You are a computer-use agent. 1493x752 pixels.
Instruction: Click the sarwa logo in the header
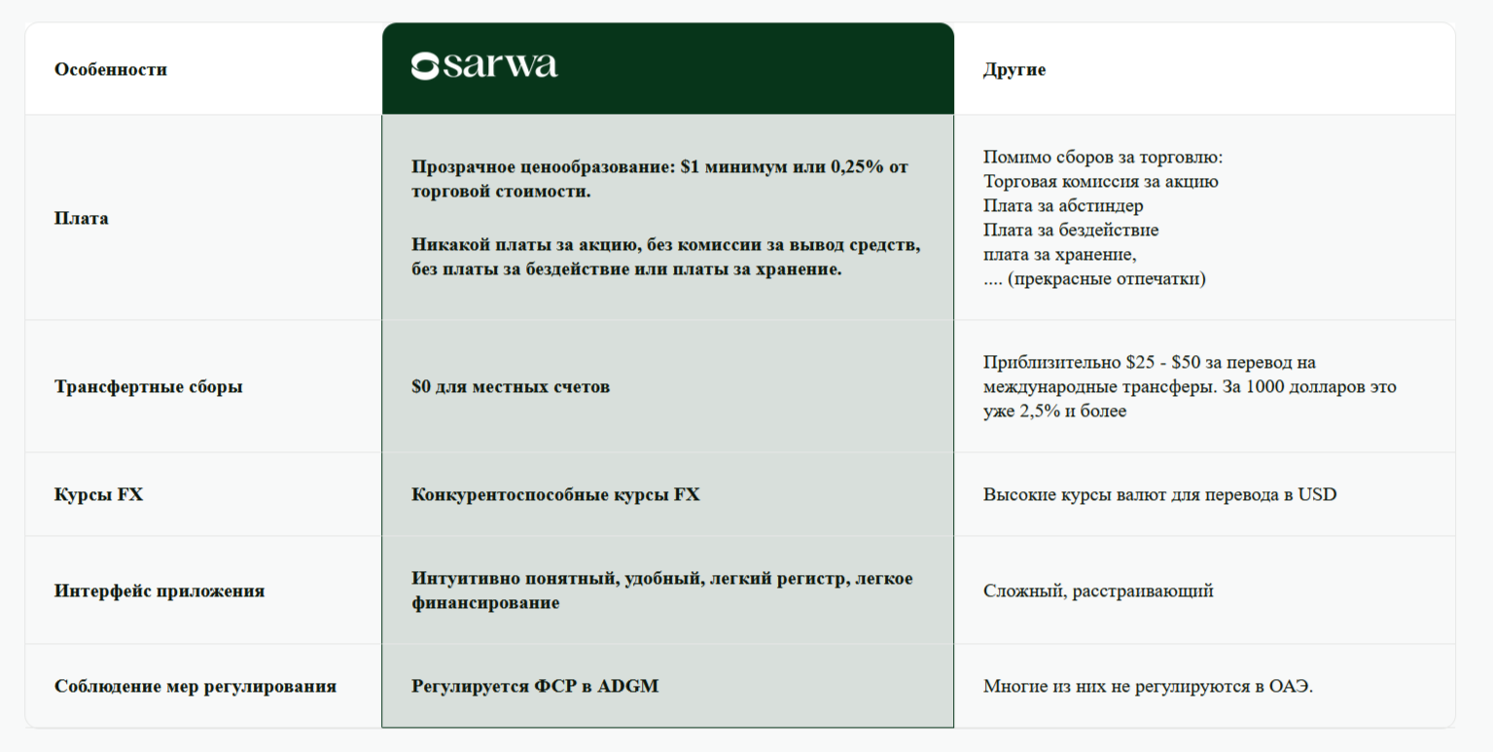484,66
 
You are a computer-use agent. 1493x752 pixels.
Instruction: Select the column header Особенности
111,69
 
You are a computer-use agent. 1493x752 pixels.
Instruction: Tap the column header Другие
1014,69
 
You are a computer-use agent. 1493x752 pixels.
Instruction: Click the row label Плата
82,218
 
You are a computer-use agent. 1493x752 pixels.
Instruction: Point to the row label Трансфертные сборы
148,386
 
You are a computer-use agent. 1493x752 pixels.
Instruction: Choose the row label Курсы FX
98,494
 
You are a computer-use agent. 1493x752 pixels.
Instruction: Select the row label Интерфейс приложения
160,591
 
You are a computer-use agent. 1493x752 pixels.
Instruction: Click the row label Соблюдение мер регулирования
196,686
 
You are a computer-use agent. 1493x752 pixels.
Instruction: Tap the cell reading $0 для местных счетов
511,386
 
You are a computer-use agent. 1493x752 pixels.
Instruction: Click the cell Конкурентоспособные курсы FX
555,494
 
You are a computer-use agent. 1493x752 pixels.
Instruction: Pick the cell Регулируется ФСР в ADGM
535,686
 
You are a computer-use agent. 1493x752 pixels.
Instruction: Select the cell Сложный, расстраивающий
1098,591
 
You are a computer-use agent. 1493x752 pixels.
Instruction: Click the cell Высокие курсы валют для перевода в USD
1159,494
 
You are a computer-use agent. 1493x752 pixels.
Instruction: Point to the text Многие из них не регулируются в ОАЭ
1148,686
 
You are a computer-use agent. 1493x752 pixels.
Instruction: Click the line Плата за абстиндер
1063,205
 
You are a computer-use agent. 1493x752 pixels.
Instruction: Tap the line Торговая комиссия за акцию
1100,181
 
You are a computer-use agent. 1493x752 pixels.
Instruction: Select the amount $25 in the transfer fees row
1142,362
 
